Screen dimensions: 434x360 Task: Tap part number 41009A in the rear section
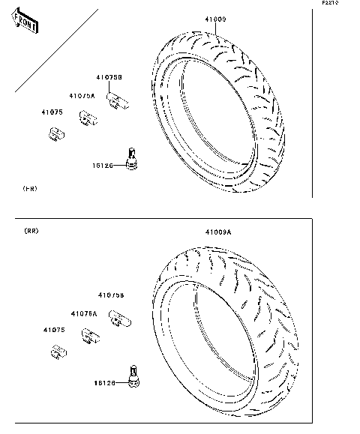tap(218, 233)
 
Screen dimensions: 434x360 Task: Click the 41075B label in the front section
tap(109, 77)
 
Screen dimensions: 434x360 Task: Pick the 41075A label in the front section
tap(82, 96)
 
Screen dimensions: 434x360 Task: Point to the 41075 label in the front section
tap(52, 112)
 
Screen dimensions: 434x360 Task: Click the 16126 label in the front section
tap(103, 165)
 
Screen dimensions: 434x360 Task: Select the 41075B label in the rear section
tap(110, 295)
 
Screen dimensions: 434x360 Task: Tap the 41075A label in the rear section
tap(84, 313)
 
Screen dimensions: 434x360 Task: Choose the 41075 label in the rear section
tap(52, 330)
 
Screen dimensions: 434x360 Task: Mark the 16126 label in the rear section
tap(103, 382)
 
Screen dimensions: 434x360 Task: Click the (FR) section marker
tap(29, 187)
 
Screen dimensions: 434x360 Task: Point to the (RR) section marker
tap(31, 230)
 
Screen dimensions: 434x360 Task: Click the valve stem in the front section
tap(133, 159)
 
